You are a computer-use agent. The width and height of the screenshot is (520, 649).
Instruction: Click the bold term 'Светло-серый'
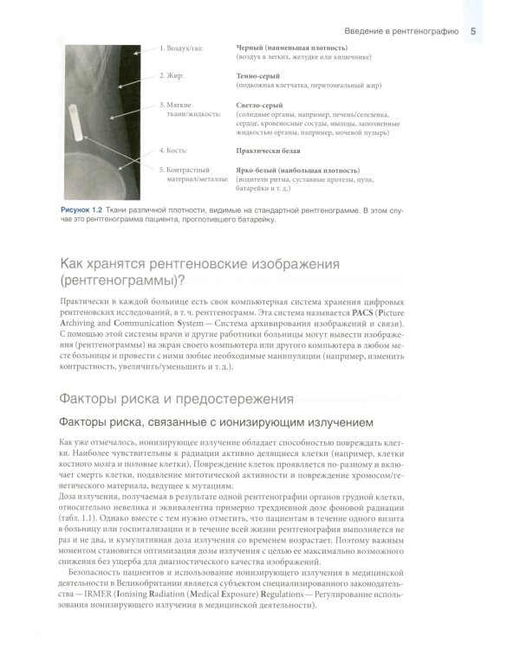tap(261, 105)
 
